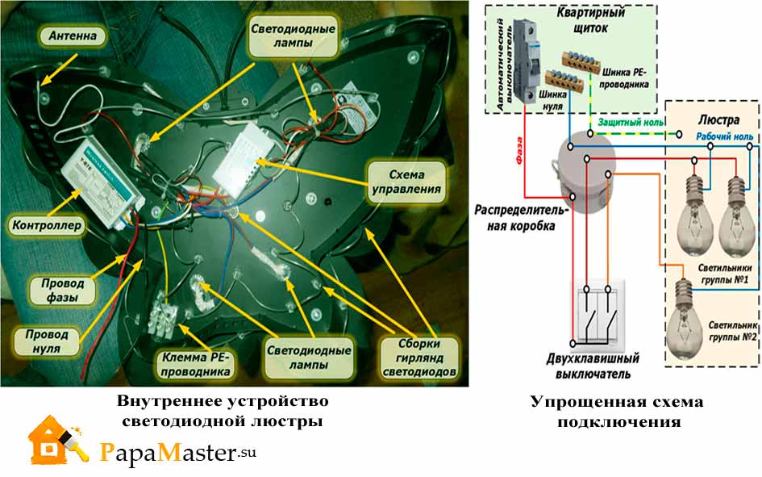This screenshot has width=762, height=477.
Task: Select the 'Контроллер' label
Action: (x=46, y=226)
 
